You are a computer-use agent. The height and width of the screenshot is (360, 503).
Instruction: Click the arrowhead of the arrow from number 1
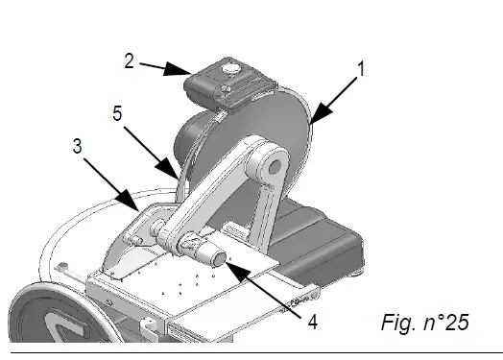pyautogui.click(x=313, y=122)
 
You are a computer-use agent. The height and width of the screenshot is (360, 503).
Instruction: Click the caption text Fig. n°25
pyautogui.click(x=421, y=323)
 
